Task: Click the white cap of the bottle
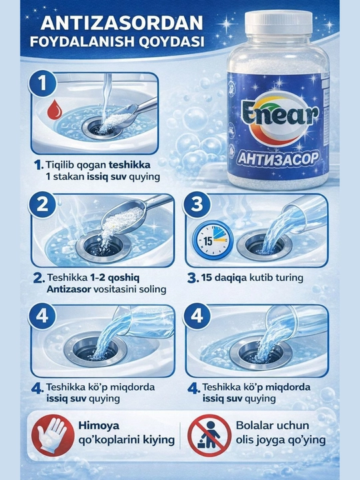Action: [x=278, y=23]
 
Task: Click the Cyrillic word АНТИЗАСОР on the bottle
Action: [x=277, y=159]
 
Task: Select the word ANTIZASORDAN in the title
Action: [x=122, y=23]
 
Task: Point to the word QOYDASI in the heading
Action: [x=171, y=41]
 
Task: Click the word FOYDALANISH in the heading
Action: [x=83, y=41]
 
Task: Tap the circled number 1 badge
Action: [x=43, y=83]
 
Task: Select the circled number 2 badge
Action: [x=43, y=205]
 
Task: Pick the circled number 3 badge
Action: [x=197, y=205]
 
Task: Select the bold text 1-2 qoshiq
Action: [x=115, y=277]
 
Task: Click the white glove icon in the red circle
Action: [x=52, y=435]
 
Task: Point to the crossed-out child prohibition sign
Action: [x=209, y=435]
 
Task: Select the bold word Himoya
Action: [x=99, y=425]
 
